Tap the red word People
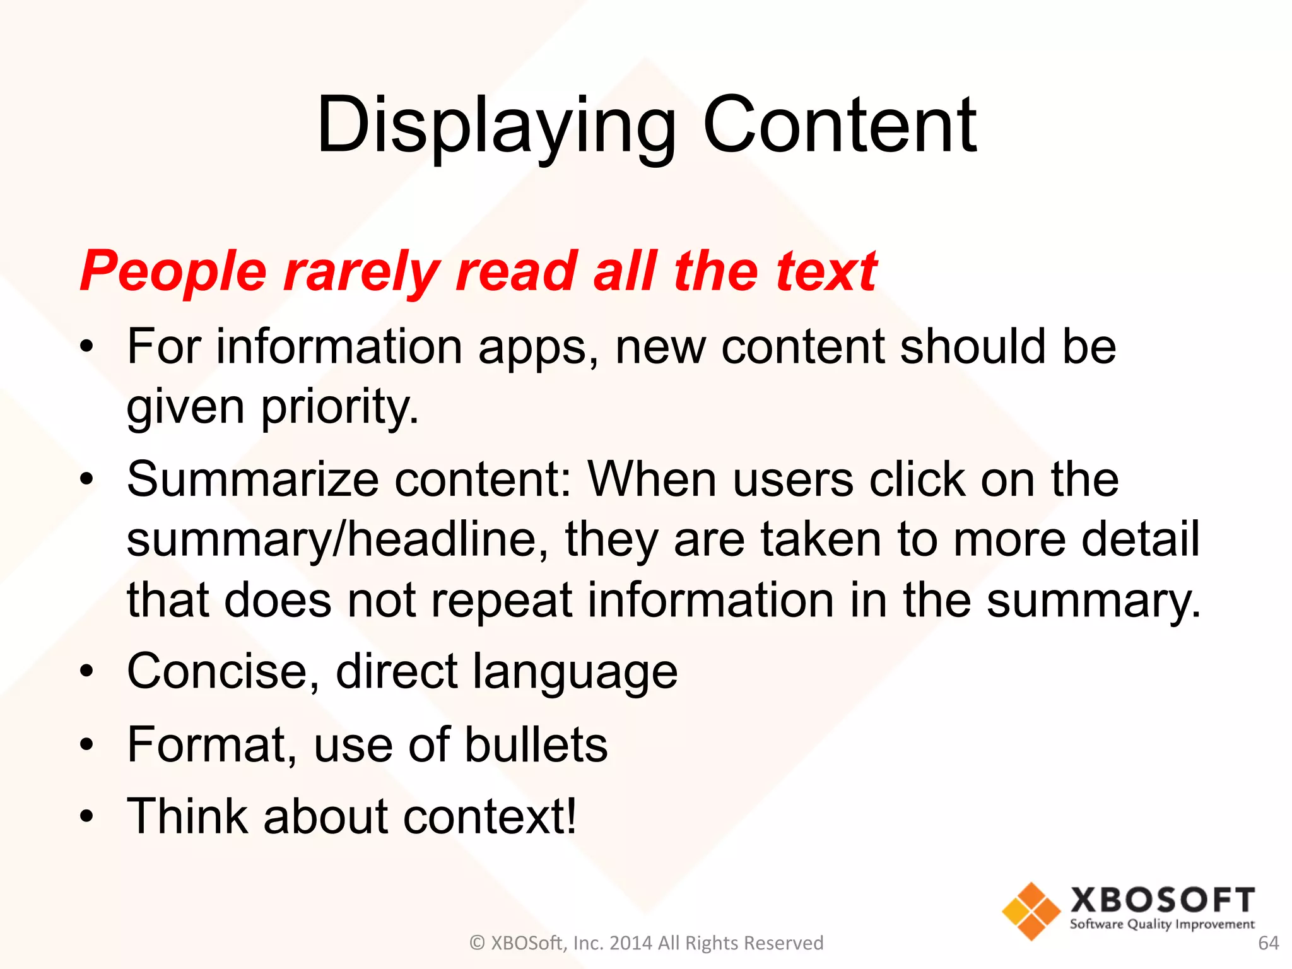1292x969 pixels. click(x=173, y=271)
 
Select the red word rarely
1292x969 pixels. click(x=361, y=271)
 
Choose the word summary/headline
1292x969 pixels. click(x=338, y=539)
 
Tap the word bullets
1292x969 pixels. click(x=536, y=745)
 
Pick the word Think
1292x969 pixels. click(x=187, y=816)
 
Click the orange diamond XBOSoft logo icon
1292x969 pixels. click(x=1031, y=910)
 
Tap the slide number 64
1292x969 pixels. click(x=1268, y=943)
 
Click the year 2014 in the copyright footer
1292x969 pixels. click(x=631, y=943)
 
